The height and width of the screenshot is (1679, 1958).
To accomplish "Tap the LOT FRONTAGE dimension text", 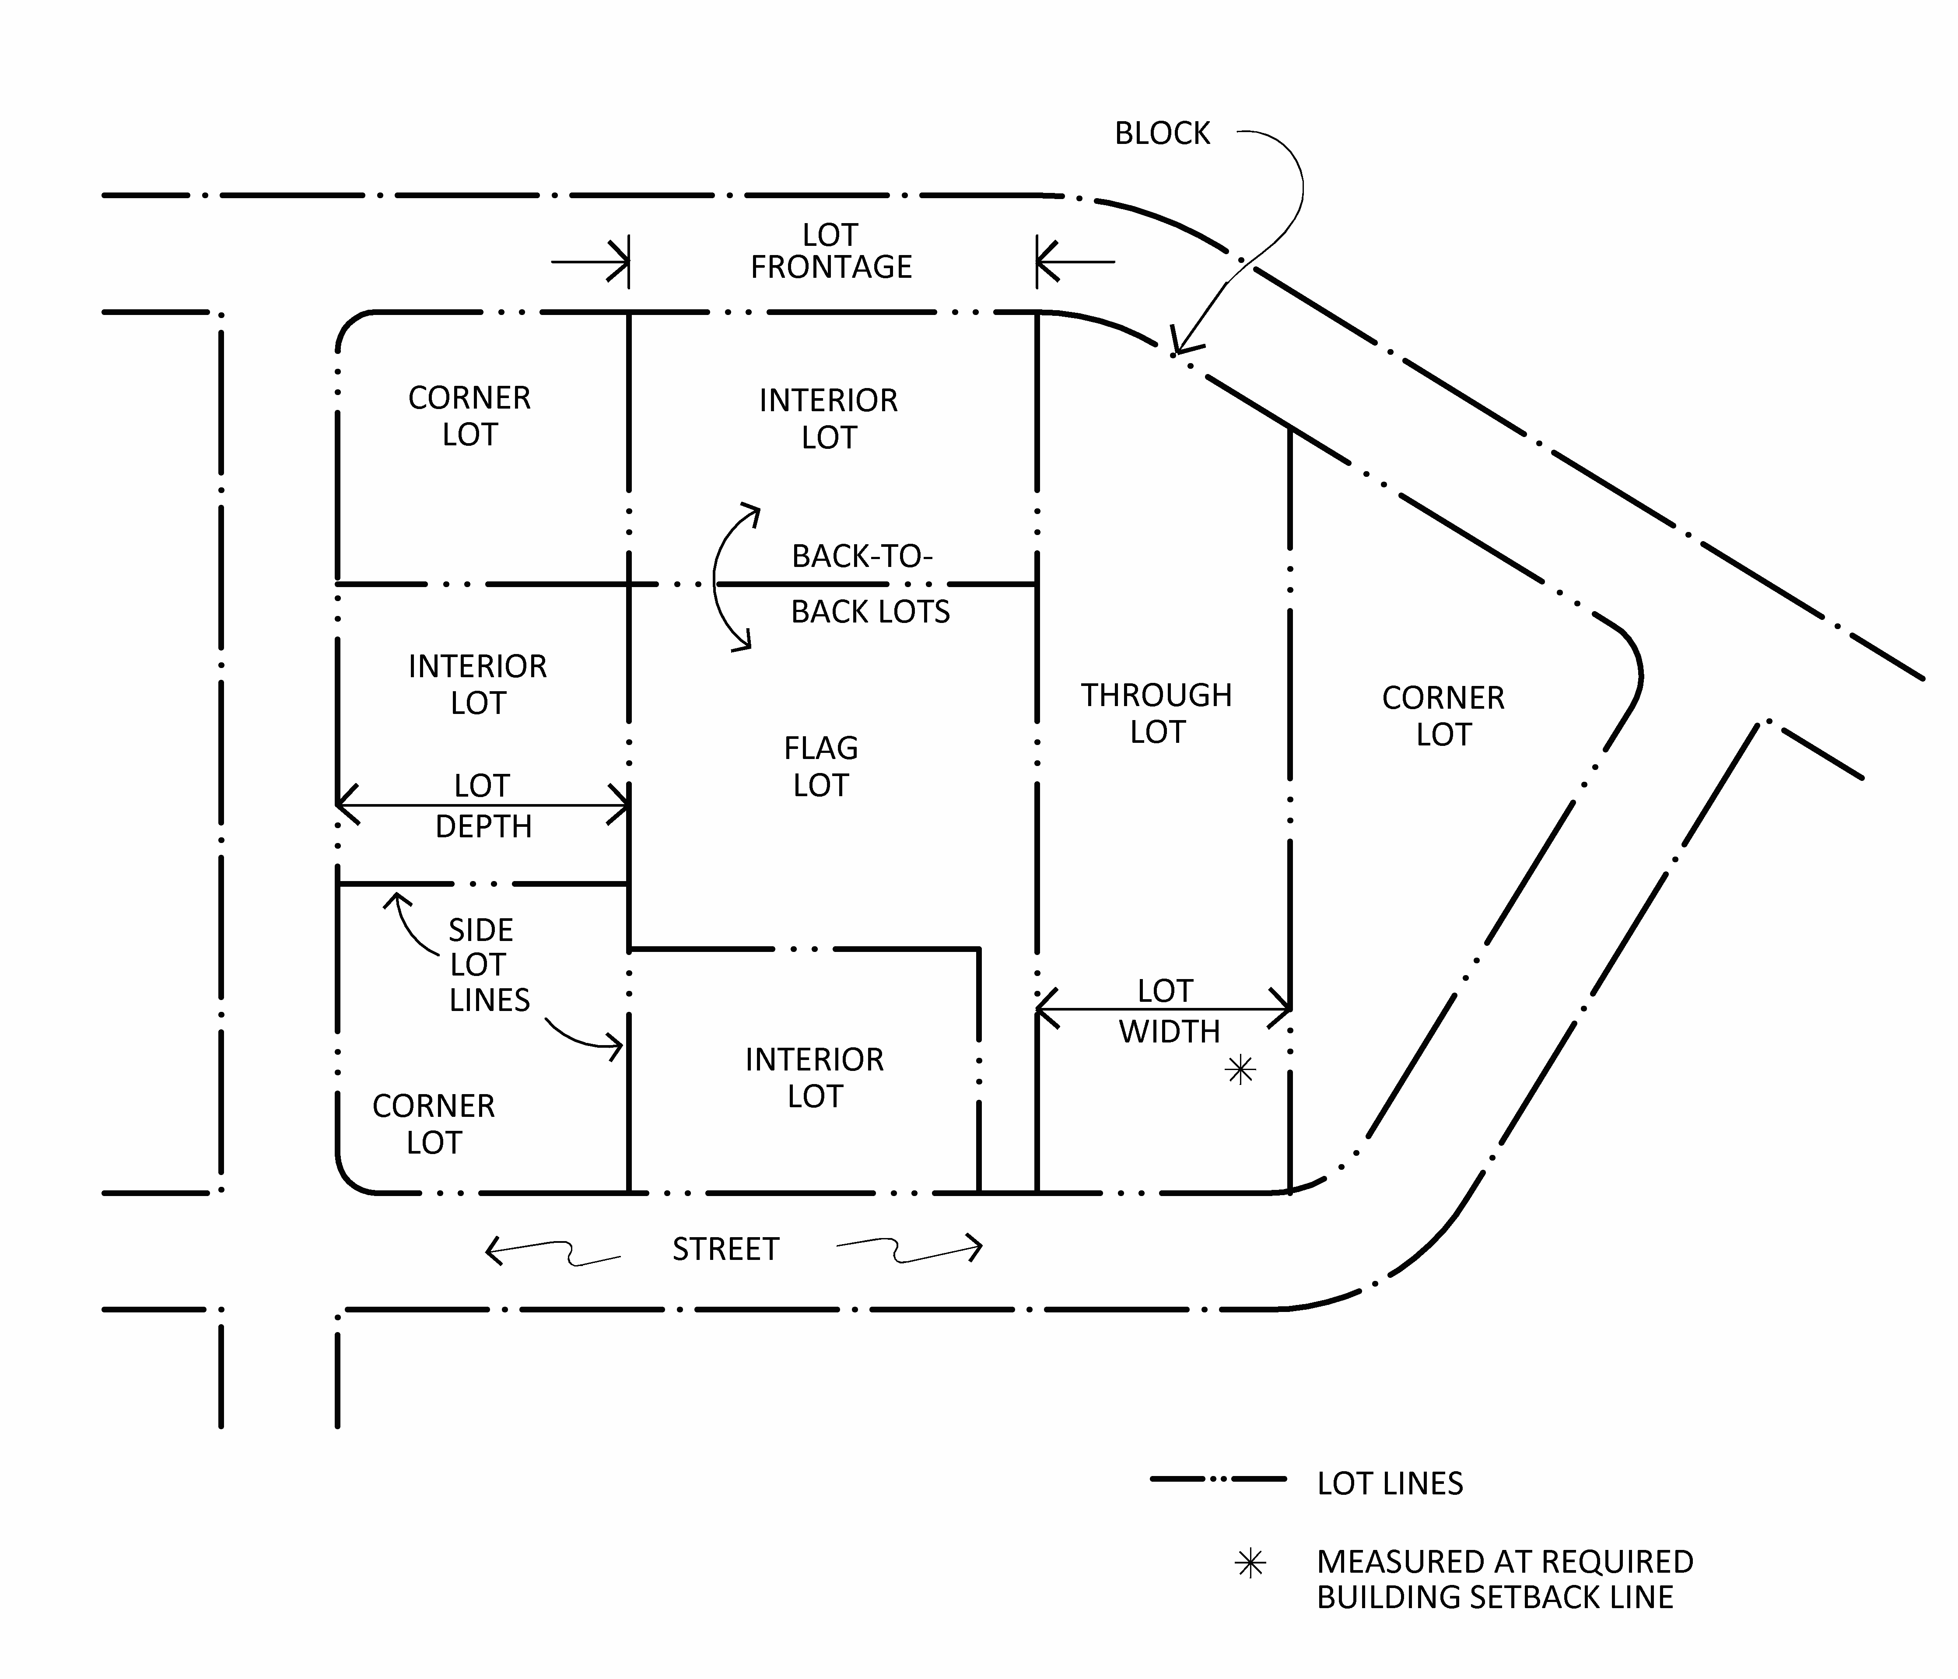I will [x=830, y=252].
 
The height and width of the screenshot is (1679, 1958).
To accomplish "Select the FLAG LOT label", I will [x=820, y=766].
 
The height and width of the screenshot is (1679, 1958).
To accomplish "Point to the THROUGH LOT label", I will [x=1157, y=714].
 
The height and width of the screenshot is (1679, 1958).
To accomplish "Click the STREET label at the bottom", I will [x=725, y=1249].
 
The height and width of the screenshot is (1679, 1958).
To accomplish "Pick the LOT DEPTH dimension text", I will [x=483, y=806].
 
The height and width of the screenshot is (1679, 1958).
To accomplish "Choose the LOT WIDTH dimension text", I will [x=1168, y=1011].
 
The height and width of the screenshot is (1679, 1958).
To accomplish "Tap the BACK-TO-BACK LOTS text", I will [x=869, y=584].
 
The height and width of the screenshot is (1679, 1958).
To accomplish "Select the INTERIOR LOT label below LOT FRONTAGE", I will [x=828, y=419].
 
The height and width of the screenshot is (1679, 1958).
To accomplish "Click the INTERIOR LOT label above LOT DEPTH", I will [x=477, y=684].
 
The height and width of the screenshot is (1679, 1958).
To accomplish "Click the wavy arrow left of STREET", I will [x=553, y=1252].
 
